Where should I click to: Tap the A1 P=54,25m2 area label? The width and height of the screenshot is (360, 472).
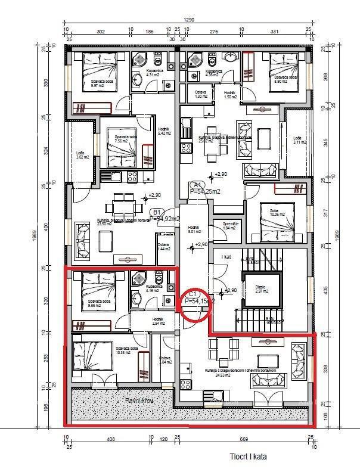tap(201, 189)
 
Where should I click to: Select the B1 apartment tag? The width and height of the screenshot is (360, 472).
tap(157, 212)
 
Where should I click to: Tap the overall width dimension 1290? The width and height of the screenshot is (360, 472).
tap(189, 20)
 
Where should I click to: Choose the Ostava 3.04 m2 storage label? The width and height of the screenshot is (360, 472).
tap(165, 360)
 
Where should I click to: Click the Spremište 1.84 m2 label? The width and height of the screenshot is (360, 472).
tap(230, 225)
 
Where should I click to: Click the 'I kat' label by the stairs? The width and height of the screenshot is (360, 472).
tap(226, 257)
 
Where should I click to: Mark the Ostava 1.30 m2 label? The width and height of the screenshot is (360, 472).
tap(201, 94)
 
